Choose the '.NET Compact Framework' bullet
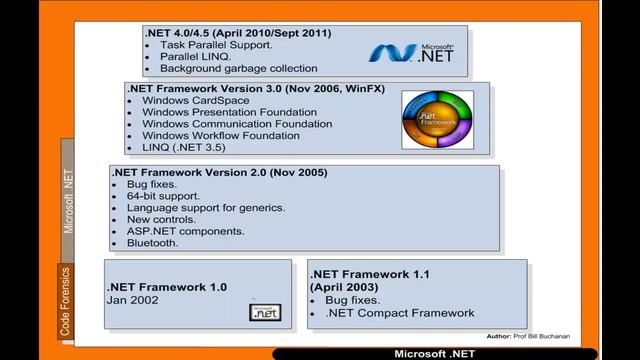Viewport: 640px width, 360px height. [400, 313]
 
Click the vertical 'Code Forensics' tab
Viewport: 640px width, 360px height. [66, 301]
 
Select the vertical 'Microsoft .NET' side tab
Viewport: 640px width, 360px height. [69, 200]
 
